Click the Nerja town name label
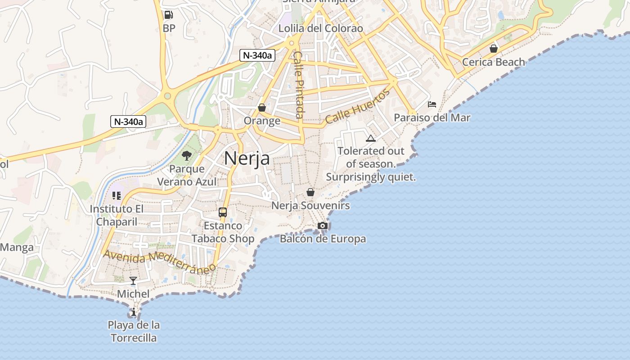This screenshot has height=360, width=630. (x=247, y=158)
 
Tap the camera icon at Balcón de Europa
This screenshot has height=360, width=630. (x=323, y=225)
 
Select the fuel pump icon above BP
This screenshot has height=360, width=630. (x=169, y=15)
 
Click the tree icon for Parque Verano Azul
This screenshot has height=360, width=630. (x=187, y=156)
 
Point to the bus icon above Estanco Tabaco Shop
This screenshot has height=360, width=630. (x=223, y=212)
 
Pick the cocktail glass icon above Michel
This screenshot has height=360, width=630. (x=133, y=281)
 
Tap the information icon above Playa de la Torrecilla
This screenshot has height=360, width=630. (x=133, y=312)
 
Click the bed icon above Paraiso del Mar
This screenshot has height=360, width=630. (x=432, y=104)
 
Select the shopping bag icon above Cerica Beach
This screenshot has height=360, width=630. (x=494, y=49)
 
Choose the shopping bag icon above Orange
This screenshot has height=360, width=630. (x=262, y=108)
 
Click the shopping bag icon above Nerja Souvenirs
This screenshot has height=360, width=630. (x=310, y=192)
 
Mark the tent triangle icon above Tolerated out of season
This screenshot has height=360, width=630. (x=371, y=138)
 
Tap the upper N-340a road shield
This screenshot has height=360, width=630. (x=257, y=55)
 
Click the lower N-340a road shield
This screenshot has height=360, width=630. (x=128, y=121)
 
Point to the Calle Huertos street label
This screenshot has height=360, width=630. (x=357, y=107)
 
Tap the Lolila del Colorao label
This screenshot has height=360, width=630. (x=320, y=28)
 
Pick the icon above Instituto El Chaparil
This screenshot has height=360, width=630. (x=117, y=196)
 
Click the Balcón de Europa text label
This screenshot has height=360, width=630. (x=323, y=239)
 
